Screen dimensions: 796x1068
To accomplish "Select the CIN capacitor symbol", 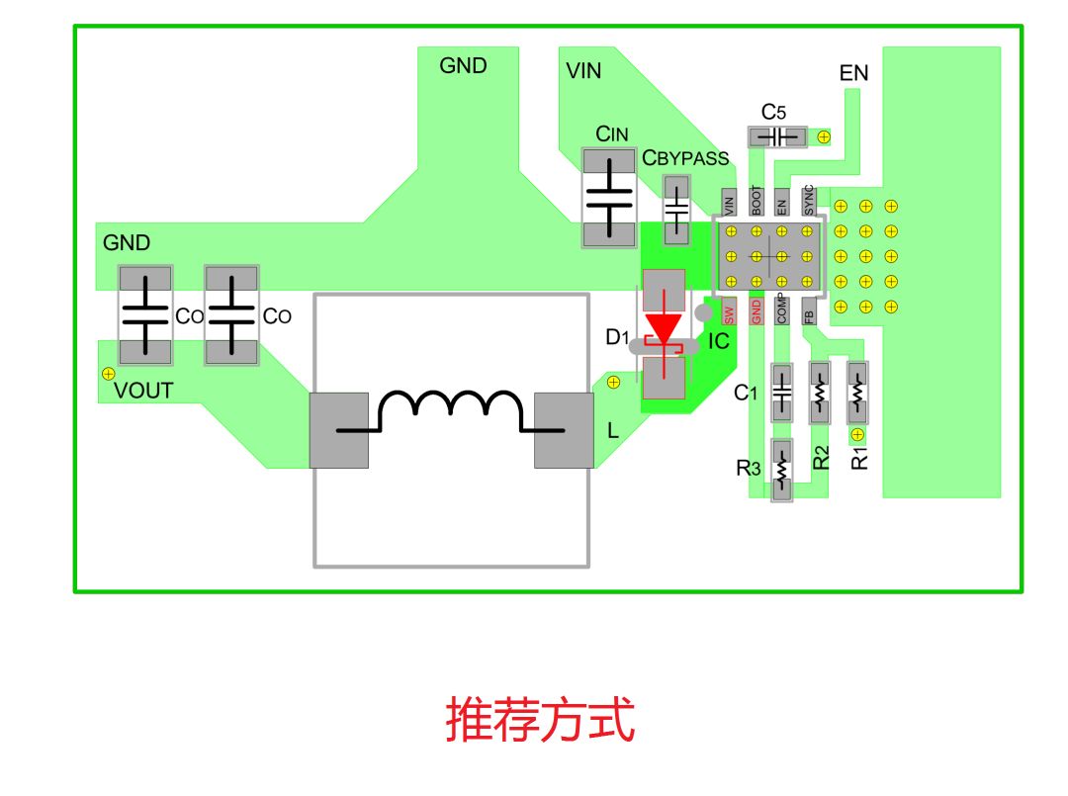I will click(608, 198).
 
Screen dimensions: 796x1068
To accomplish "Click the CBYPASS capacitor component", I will click(677, 210).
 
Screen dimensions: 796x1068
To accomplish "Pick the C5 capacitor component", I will click(777, 136).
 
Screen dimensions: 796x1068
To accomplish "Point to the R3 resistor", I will click(782, 470).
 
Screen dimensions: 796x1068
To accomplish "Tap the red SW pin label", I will click(730, 312).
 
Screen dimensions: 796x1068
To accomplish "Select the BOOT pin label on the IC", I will click(756, 201).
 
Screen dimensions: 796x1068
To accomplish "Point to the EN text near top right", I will click(853, 73).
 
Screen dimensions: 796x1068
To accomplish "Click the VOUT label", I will click(143, 391).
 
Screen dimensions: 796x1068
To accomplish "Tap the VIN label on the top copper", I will click(583, 71).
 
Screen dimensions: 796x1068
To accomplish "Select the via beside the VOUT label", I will click(108, 373).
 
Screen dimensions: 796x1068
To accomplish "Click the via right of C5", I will click(823, 136).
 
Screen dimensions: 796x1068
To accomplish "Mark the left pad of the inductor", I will click(339, 430).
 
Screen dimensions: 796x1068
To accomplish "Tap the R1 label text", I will click(860, 458).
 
